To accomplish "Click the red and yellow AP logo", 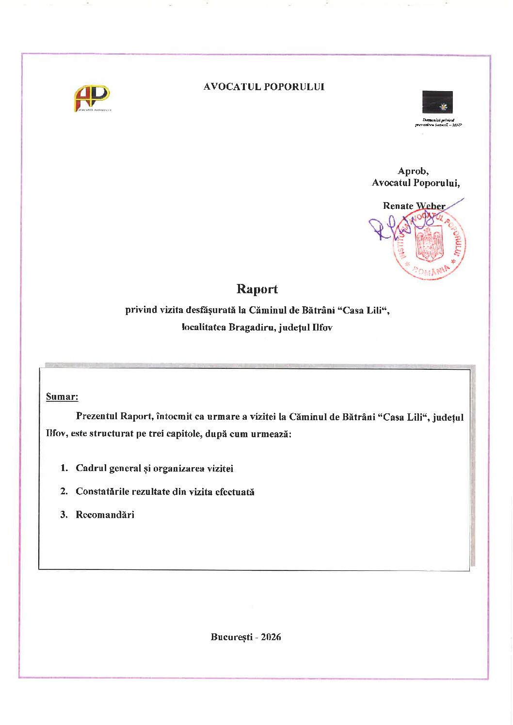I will [92, 98].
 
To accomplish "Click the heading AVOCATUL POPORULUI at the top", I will [264, 87].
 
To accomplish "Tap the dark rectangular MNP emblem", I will [437, 102].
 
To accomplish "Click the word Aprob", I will [413, 171].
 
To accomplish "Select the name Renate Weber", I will [414, 206].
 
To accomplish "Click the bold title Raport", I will [257, 289].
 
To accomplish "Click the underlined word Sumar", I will [62, 397].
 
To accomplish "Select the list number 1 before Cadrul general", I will [64, 468].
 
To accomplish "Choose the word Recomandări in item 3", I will [105, 515].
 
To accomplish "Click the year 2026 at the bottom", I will [271, 637].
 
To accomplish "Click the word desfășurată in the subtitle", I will [211, 310].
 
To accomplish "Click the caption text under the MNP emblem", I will [438, 123].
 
